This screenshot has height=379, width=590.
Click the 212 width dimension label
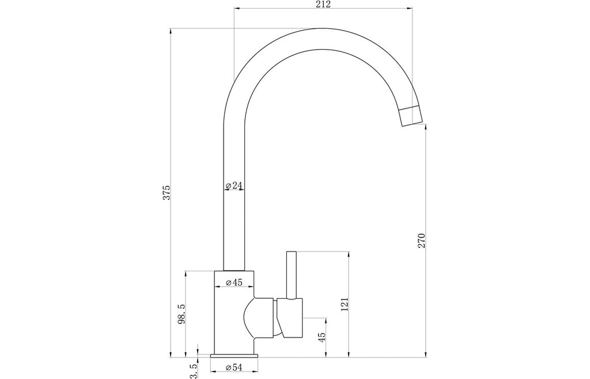pos(323,4)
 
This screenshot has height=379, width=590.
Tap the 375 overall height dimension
pos(167,193)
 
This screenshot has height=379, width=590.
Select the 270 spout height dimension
pos(421,241)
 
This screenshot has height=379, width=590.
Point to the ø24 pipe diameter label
pos(234,185)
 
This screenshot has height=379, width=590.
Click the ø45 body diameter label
pos(234,282)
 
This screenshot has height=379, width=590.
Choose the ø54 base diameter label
pos(234,367)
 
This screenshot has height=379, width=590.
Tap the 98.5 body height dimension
pos(181,314)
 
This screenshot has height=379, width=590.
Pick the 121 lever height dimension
pos(345,305)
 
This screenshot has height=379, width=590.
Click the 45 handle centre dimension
pos(322,337)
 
